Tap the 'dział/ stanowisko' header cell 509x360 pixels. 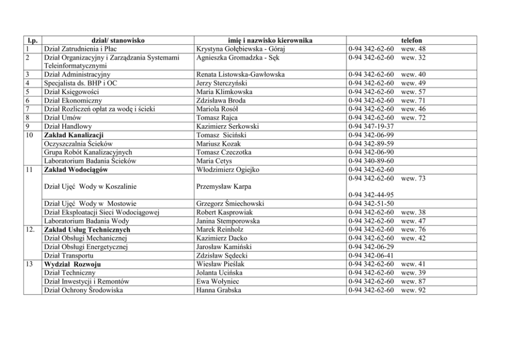coord(118,40)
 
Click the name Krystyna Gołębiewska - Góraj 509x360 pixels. coord(240,49)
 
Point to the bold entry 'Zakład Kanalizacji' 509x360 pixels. coord(74,135)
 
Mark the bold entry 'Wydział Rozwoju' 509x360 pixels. coord(72,264)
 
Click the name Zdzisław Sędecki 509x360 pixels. coord(222,255)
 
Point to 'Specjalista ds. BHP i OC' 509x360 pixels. coord(81,83)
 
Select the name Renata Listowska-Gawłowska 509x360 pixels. coord(240,74)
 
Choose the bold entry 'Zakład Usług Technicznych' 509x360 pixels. coord(87,230)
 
